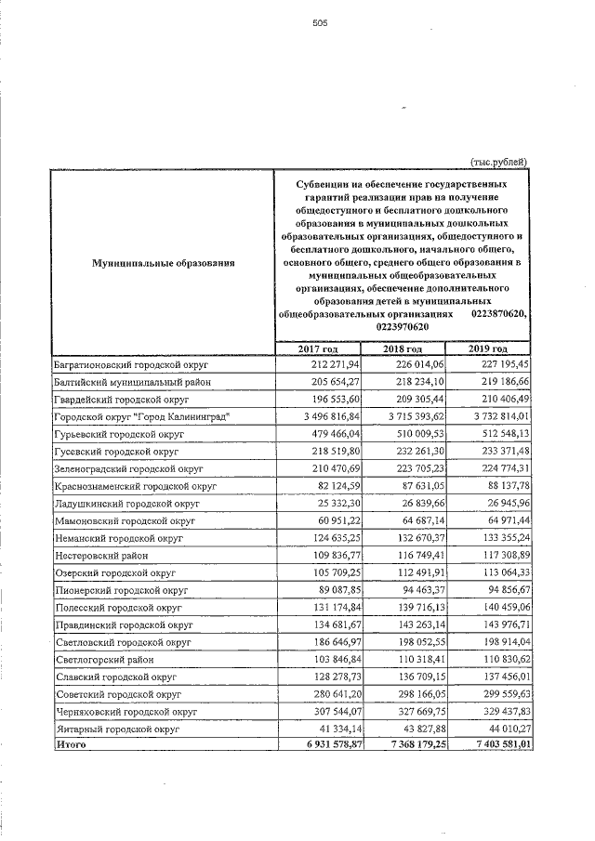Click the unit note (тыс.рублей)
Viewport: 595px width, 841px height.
pos(500,161)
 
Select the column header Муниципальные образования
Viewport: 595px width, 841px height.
pos(164,264)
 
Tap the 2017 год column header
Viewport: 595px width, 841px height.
pos(317,348)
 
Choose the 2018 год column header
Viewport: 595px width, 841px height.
pos(403,348)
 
